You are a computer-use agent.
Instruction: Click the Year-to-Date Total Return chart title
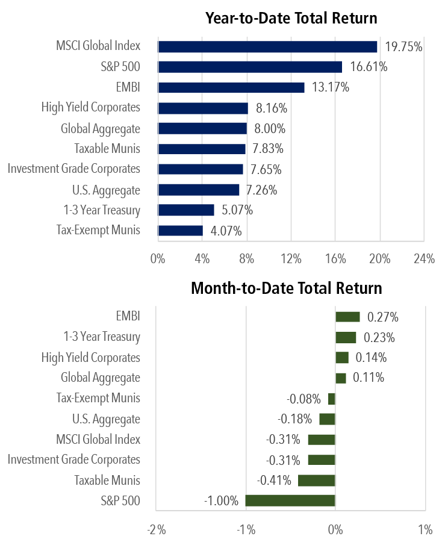(x=291, y=18)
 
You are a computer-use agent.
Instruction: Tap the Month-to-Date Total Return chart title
(x=286, y=288)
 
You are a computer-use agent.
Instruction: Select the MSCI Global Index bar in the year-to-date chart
(x=267, y=46)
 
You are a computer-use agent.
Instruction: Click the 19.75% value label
(x=402, y=47)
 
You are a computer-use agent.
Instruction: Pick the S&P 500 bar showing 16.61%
(x=250, y=67)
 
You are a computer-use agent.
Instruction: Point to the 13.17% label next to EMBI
(x=329, y=87)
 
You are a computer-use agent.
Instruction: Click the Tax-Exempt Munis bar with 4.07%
(x=181, y=231)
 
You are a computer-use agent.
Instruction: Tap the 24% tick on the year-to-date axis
(x=424, y=259)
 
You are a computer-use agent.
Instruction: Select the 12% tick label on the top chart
(x=291, y=259)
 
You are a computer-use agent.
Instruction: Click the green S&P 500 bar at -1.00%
(x=290, y=500)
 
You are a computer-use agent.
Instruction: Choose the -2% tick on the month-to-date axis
(x=156, y=530)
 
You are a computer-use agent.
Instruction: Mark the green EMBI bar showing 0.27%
(x=347, y=317)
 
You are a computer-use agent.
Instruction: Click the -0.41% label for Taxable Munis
(x=274, y=481)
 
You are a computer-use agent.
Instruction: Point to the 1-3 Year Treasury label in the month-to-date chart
(x=102, y=337)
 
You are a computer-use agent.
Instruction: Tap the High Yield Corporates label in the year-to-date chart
(x=90, y=108)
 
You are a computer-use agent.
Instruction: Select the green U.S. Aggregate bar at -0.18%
(x=327, y=419)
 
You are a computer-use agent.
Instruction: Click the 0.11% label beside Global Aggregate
(x=368, y=378)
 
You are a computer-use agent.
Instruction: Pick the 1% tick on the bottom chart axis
(x=425, y=530)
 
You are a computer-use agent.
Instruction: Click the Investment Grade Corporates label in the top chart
(x=73, y=169)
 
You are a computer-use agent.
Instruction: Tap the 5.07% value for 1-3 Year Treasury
(x=236, y=210)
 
